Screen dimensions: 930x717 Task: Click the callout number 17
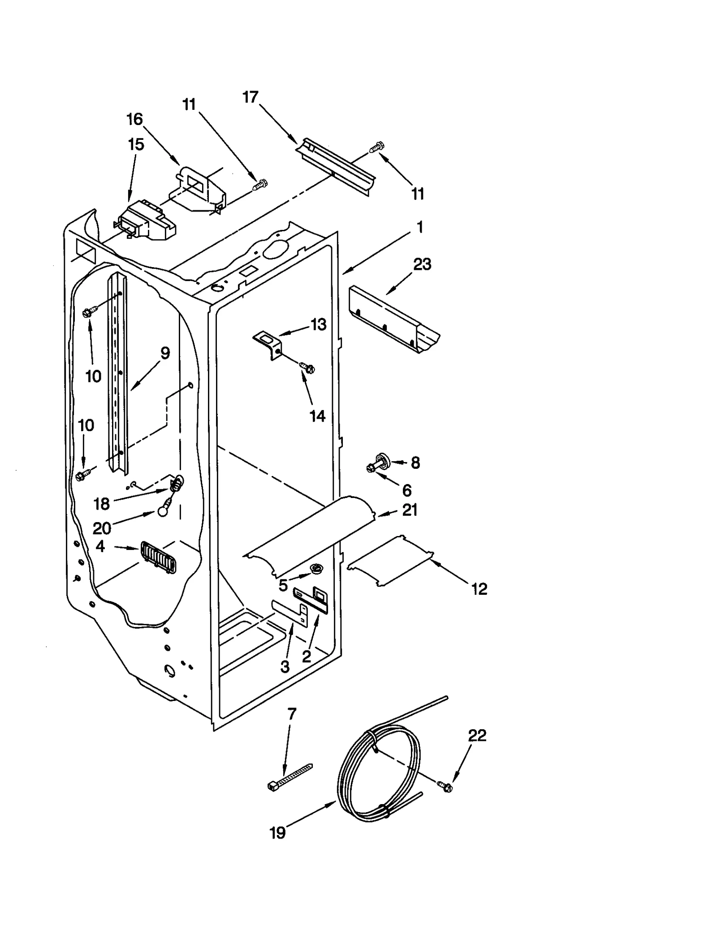coord(251,97)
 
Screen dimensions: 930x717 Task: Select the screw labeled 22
coord(445,786)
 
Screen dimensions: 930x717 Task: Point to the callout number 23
coord(422,264)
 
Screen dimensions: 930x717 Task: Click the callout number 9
coord(165,353)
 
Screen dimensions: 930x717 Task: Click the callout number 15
coord(136,144)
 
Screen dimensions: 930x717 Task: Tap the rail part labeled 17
coord(336,166)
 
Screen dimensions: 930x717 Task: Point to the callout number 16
coord(134,119)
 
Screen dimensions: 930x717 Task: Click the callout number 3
coord(285,666)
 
